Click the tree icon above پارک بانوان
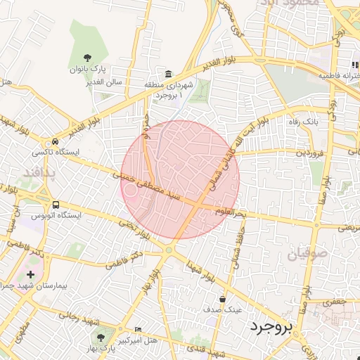tap(87, 58)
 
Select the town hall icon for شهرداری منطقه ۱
tap(168, 75)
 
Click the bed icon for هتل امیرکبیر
tap(138, 328)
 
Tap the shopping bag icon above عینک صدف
tap(223, 298)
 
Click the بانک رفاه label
tap(306, 122)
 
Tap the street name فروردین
tap(309, 153)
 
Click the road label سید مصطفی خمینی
tap(147, 187)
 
